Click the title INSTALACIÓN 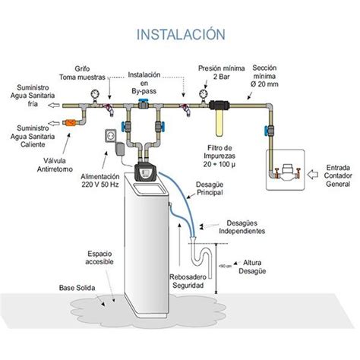click(x=180, y=34)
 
